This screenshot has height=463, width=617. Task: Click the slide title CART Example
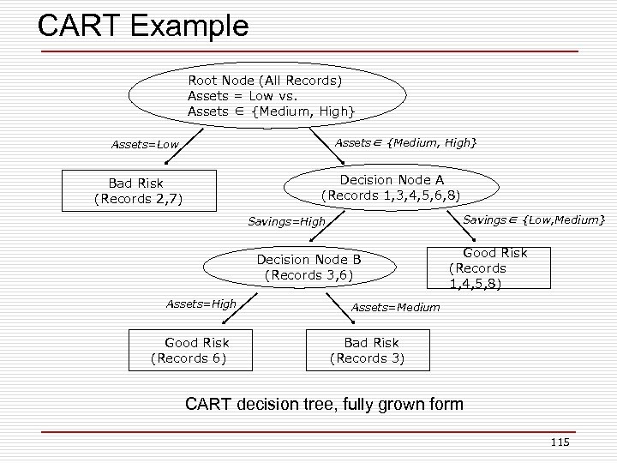tap(143, 25)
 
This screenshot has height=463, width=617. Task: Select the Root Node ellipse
tap(268, 96)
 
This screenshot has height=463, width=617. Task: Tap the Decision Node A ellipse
tap(390, 187)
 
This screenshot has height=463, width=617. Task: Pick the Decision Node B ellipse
tap(308, 267)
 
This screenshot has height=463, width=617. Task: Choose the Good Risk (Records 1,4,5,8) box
tap(490, 268)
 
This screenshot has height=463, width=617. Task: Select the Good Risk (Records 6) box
tap(190, 350)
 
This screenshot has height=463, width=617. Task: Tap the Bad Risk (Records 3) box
tap(369, 350)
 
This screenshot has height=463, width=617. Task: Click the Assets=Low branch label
tap(145, 144)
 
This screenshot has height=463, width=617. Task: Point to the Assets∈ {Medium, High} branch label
tap(405, 142)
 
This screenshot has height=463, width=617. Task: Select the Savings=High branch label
tap(286, 222)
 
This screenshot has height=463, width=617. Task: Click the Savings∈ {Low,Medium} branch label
tap(534, 220)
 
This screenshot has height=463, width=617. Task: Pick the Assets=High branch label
tap(201, 304)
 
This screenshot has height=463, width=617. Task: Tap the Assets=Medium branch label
tap(395, 307)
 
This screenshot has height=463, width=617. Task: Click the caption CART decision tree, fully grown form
tap(325, 403)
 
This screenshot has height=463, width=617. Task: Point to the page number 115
tap(560, 442)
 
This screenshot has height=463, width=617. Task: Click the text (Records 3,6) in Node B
tap(308, 275)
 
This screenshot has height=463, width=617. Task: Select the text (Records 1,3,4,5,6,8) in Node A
tap(390, 195)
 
